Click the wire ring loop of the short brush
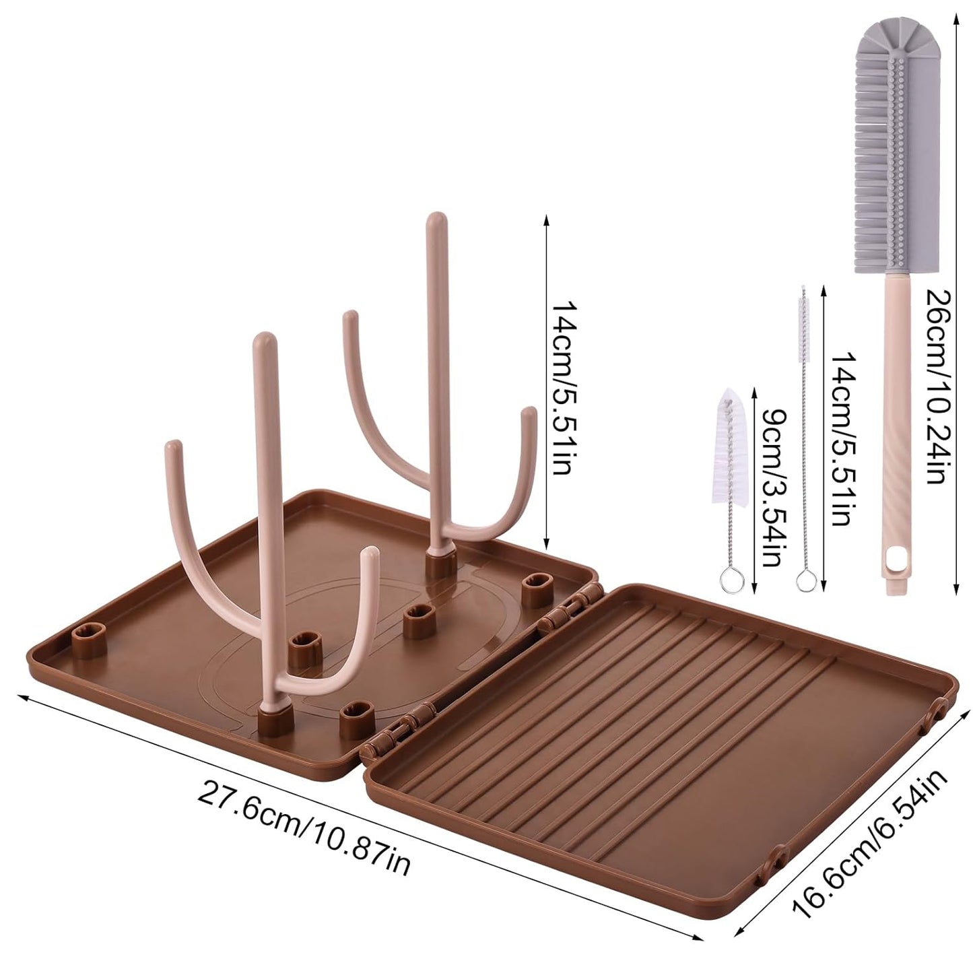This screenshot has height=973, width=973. pyautogui.click(x=729, y=578)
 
